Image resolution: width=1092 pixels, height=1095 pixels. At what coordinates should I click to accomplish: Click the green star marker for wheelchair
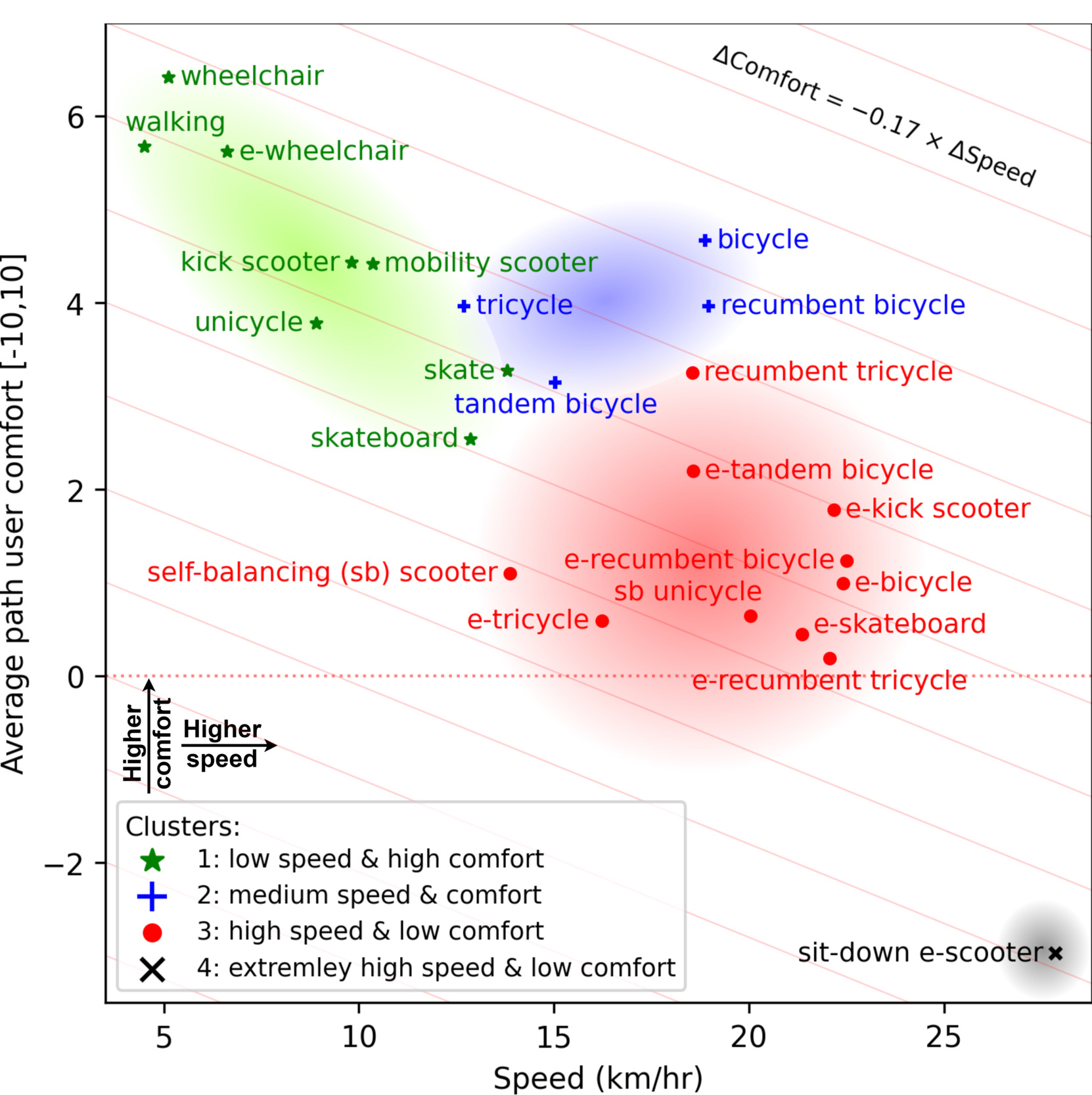point(169,78)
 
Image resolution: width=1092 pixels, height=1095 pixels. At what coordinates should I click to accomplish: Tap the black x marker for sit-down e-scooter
point(1055,953)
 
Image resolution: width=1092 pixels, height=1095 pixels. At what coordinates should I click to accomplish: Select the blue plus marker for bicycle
point(705,240)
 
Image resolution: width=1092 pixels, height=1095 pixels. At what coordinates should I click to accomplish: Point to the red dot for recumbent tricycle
point(693,373)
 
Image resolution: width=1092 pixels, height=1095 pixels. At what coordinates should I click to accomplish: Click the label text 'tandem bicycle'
point(555,405)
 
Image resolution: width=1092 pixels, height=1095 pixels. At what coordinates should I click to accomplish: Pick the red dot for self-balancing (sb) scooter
point(511,573)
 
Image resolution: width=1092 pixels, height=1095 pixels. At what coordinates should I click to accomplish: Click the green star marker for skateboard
point(470,439)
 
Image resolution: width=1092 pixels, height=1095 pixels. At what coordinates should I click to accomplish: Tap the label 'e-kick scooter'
point(938,509)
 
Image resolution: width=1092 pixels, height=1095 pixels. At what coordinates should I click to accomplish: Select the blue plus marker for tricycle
point(464,306)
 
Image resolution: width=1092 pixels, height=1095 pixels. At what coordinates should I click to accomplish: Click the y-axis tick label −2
point(64,865)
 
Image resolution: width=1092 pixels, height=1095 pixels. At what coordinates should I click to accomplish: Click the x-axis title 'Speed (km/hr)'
point(598,1077)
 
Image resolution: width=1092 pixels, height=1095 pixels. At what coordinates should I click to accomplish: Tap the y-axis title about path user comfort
point(13,512)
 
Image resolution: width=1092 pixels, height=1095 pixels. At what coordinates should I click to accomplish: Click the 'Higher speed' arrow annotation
point(223,744)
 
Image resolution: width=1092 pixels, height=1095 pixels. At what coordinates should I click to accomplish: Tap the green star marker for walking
point(145,147)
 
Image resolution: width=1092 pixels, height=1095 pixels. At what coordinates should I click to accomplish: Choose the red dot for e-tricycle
point(602,621)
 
